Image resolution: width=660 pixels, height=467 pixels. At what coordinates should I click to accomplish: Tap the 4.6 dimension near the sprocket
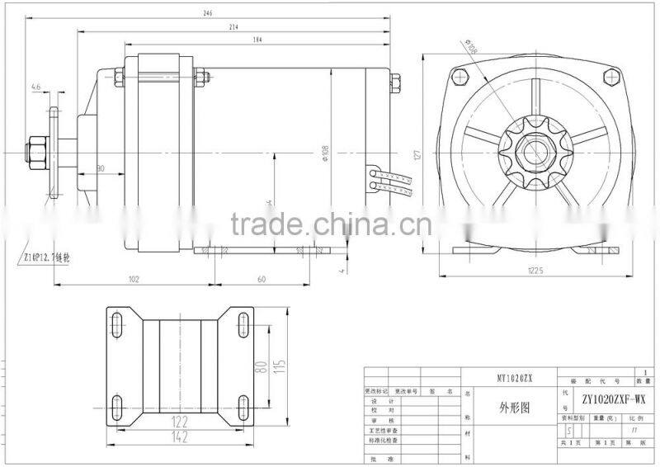pos(36,86)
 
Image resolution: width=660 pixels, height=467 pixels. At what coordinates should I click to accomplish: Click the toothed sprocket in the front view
pos(532,153)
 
